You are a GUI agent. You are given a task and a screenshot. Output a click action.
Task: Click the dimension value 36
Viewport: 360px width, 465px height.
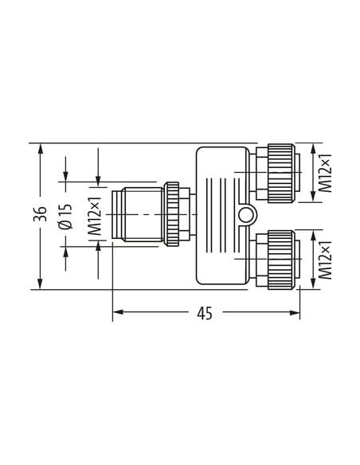[x=40, y=214]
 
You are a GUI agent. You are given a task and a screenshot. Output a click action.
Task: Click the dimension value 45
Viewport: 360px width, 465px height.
[x=205, y=314]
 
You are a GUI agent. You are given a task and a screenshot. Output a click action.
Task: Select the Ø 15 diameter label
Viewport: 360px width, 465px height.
[x=66, y=217]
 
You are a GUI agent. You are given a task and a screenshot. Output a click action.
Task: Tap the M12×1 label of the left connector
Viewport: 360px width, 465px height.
[x=96, y=217]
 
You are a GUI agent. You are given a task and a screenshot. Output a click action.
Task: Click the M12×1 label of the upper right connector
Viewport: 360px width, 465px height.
[x=325, y=174]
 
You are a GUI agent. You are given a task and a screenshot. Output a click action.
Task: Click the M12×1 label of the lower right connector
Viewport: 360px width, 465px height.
[x=325, y=260]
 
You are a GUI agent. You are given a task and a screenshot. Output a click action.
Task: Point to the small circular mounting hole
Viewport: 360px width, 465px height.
[x=246, y=215]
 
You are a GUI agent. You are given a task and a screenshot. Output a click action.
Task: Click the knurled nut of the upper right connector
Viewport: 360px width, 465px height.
[x=281, y=174]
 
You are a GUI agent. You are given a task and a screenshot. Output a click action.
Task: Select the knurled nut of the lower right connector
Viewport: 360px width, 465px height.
[x=281, y=260]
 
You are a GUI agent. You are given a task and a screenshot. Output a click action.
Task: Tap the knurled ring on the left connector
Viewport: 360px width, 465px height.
[x=171, y=214]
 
